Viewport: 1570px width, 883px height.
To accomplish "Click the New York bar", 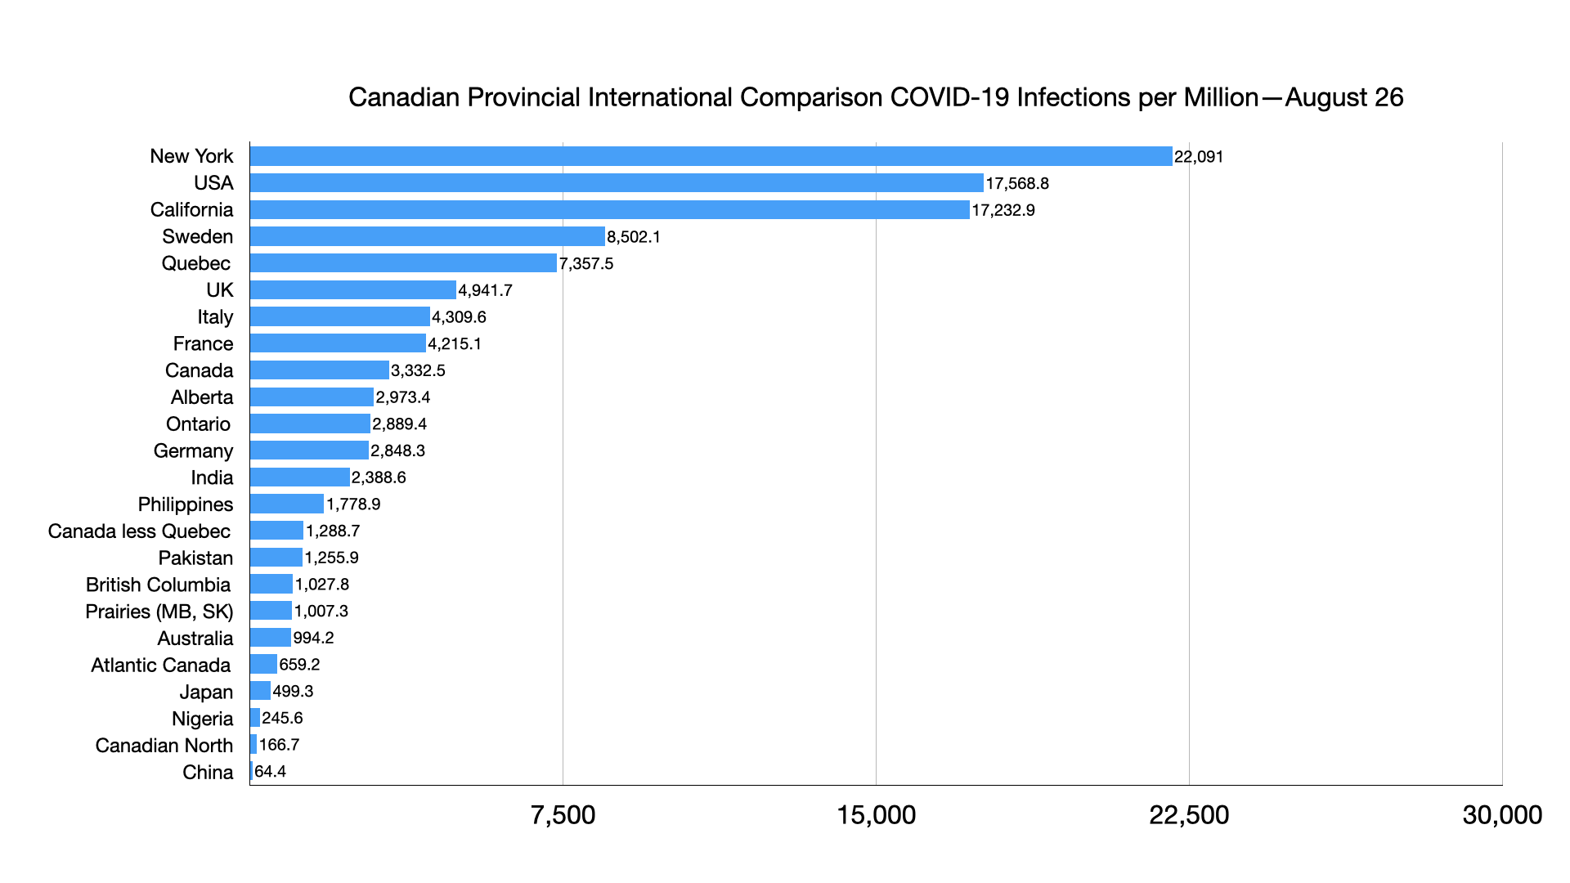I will point(711,156).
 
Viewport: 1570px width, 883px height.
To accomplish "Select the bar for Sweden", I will point(427,236).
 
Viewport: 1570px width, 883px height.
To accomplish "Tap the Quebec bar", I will point(403,263).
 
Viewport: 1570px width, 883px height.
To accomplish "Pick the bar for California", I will point(609,210).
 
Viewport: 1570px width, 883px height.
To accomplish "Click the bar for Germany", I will point(309,450).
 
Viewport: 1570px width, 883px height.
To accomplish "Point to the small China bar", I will point(251,772).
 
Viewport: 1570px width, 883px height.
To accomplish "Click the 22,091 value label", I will point(1199,157).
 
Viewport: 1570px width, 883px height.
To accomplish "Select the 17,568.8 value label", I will point(1017,184).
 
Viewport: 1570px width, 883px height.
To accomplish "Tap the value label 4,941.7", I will point(485,290).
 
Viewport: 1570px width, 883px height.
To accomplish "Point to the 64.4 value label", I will point(271,772).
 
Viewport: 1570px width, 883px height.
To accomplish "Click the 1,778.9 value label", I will point(353,504).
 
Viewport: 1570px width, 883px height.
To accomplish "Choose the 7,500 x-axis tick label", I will point(563,815).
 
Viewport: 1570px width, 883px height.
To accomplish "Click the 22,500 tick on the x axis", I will point(1189,815).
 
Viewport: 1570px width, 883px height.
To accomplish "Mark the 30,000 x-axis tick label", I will point(1502,815).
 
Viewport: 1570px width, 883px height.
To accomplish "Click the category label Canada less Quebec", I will point(139,531).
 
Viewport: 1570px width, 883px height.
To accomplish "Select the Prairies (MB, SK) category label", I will point(159,612).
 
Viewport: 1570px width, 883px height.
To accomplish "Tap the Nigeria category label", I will point(202,719).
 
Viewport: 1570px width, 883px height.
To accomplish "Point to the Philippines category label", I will point(186,504).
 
